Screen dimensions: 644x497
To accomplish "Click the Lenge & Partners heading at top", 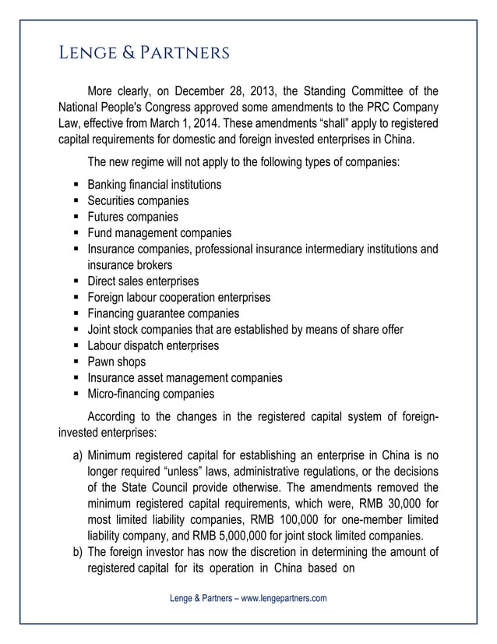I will click(x=144, y=54).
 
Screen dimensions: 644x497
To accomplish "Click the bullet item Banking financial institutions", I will click(x=154, y=185).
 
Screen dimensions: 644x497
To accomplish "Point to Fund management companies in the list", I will click(x=159, y=232).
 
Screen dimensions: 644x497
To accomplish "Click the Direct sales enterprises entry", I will click(x=143, y=281).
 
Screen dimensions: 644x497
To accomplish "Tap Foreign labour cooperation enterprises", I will click(x=179, y=297).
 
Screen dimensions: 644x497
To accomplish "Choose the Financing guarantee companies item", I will click(x=163, y=313).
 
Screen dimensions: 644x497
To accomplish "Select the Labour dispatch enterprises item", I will click(x=153, y=345).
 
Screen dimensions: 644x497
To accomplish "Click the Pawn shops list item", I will click(x=116, y=362).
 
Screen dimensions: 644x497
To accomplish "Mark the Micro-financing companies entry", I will click(x=150, y=394).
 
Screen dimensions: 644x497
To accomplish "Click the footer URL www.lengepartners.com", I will click(x=284, y=598).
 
